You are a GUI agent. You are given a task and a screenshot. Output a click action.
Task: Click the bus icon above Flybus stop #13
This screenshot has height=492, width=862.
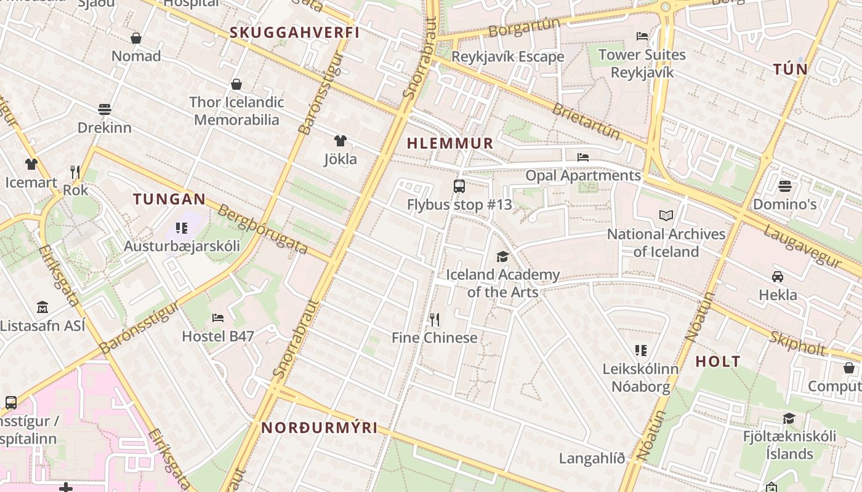point(459,186)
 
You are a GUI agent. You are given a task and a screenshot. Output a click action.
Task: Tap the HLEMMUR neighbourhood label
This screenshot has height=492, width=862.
point(450,143)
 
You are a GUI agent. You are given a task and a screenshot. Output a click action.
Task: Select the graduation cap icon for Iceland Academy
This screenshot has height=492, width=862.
point(503,256)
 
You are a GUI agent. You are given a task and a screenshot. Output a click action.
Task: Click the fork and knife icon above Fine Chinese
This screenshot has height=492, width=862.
point(434,319)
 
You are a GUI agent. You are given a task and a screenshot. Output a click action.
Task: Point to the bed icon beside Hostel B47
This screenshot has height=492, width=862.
point(218,317)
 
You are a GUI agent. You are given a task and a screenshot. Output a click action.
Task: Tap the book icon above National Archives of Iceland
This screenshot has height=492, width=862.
point(666,215)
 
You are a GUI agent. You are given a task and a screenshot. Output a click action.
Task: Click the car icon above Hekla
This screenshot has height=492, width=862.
point(778,276)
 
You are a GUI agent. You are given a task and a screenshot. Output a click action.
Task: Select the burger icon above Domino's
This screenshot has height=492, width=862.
point(784,185)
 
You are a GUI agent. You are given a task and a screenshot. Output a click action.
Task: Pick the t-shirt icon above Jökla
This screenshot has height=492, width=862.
point(340,141)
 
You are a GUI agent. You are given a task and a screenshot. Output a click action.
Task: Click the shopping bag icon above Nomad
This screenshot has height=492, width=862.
point(136,38)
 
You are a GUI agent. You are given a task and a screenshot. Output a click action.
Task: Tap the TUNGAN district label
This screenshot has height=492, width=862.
point(169,199)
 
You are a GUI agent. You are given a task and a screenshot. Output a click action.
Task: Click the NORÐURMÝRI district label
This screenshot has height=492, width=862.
point(319,428)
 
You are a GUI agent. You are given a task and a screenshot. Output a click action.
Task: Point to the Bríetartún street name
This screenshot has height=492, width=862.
point(586,121)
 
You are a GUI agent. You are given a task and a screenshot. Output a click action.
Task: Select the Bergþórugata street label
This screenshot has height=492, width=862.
point(263,229)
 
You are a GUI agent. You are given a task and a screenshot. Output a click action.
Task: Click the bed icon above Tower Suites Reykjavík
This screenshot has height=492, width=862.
point(642,36)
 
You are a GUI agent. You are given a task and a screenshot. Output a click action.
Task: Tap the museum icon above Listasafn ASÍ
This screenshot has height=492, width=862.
point(42,307)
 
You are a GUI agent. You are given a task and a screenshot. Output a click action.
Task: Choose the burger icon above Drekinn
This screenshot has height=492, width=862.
point(105,109)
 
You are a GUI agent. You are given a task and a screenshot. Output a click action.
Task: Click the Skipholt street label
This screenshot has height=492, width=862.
point(798,343)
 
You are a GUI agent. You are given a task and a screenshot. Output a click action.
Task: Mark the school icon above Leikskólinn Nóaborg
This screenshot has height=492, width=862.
point(641,351)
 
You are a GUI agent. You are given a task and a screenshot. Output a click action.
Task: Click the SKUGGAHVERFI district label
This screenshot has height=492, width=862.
point(294,33)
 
